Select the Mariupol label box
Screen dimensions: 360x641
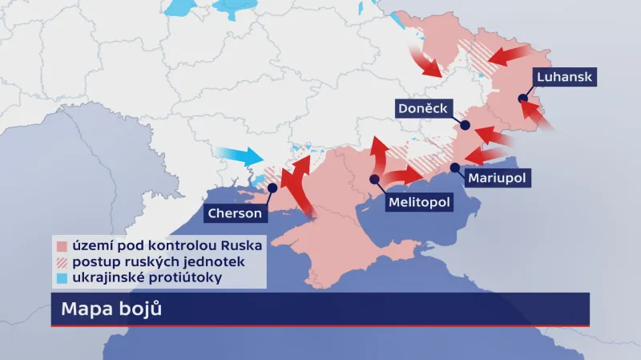497,178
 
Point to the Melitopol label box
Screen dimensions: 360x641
419,202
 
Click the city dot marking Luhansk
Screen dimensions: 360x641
522,99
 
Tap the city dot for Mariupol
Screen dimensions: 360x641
455,167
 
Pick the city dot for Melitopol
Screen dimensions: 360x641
374,179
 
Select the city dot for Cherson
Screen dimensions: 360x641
272,188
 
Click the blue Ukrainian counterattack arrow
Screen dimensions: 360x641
240,156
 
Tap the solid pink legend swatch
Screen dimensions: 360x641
61,246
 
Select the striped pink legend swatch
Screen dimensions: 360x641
61,262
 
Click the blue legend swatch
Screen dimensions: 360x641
61,278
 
